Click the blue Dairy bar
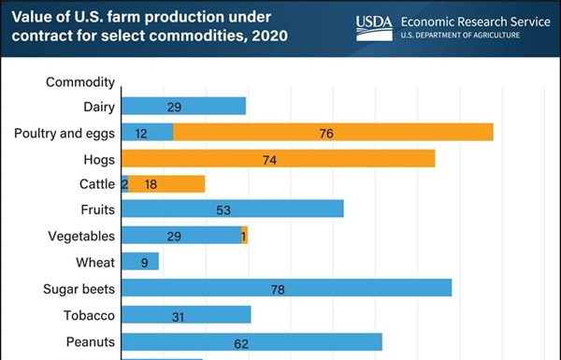pyautogui.click(x=183, y=107)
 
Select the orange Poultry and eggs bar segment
pyautogui.click(x=333, y=133)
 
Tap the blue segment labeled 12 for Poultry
pyautogui.click(x=148, y=133)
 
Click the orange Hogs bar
pyautogui.click(x=278, y=159)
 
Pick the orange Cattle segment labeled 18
pyautogui.click(x=166, y=184)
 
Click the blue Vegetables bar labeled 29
pyautogui.click(x=181, y=236)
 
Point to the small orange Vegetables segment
pyautogui.click(x=245, y=236)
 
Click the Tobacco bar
pyautogui.click(x=186, y=315)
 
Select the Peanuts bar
pyautogui.click(x=252, y=342)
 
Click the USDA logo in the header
pyautogui.click(x=374, y=27)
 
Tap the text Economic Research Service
pyautogui.click(x=475, y=21)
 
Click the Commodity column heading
pyautogui.click(x=80, y=82)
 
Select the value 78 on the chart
pyautogui.click(x=278, y=290)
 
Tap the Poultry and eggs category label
pyautogui.click(x=65, y=134)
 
